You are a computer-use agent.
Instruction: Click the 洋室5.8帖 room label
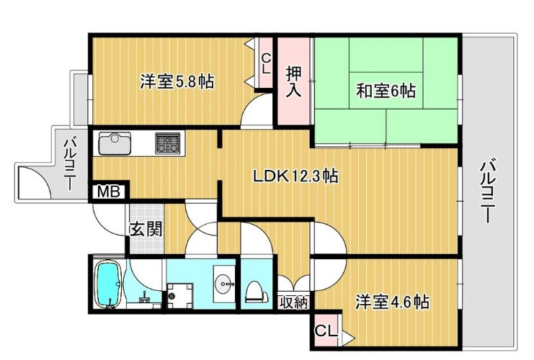tap(176, 81)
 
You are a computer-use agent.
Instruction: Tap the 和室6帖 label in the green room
tap(386, 91)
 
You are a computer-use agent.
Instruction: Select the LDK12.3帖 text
tap(295, 175)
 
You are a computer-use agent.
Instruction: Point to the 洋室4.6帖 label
tap(392, 302)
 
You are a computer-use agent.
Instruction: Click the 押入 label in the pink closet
tap(293, 81)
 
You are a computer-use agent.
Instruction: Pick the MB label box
tap(109, 192)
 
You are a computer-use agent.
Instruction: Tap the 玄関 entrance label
tap(146, 230)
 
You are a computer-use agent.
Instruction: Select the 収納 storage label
tap(293, 302)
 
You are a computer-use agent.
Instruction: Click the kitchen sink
tap(115, 144)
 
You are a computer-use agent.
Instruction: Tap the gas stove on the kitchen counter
tap(169, 143)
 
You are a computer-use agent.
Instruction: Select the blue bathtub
tap(108, 285)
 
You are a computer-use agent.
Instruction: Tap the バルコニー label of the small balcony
tap(71, 163)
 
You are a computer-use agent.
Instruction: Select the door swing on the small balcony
tap(35, 182)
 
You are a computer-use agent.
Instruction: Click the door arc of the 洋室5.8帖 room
tap(255, 114)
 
